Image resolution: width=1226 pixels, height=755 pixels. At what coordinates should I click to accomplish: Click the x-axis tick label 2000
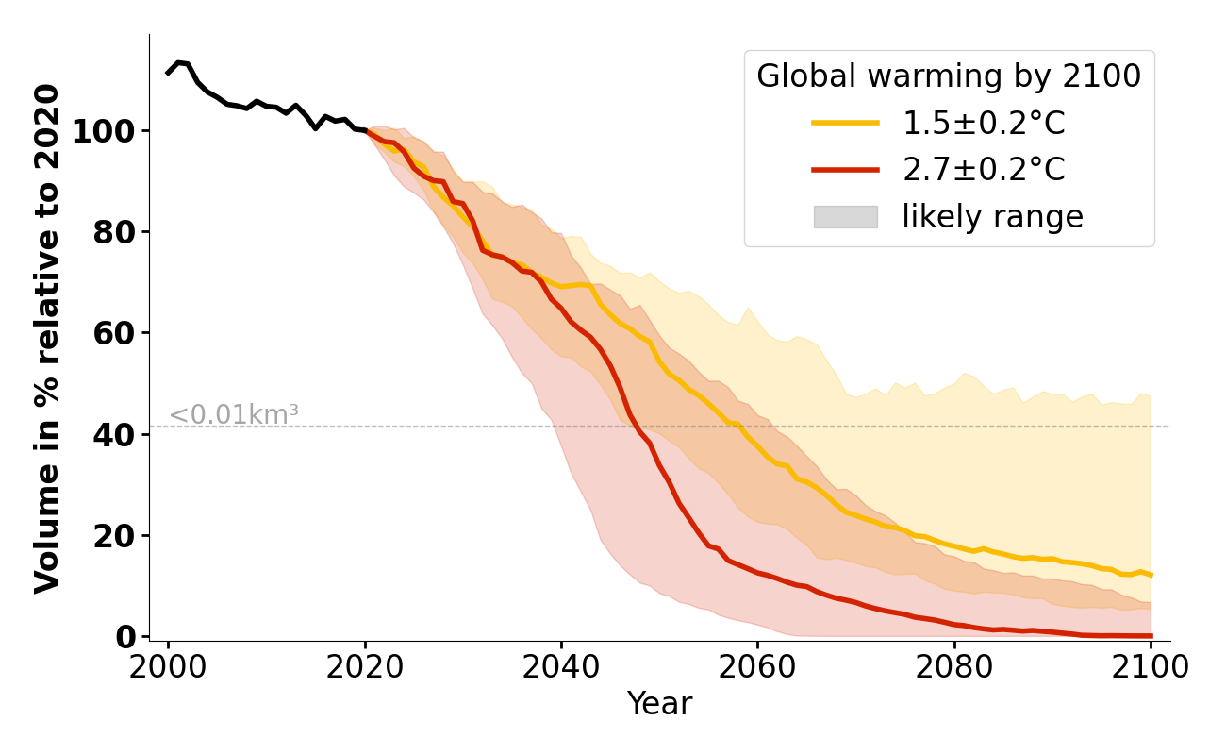point(168,667)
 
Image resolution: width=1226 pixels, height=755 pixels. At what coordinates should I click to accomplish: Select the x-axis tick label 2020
point(364,667)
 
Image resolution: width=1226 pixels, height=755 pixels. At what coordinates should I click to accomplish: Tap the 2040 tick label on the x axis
point(561,667)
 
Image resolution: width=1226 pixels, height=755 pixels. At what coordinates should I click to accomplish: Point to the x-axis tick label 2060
point(757,667)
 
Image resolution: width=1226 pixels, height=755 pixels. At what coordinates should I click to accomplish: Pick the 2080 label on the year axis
point(953,667)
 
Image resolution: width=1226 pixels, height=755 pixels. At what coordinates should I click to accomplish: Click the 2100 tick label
point(1150,667)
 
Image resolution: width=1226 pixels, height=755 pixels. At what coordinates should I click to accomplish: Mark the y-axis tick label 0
point(126,637)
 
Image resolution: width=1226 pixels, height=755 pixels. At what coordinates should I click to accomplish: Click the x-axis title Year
point(659,704)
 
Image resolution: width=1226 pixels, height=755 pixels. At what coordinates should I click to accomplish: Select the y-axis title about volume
point(48,338)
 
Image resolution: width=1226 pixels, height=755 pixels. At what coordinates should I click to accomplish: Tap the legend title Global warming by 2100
point(949,76)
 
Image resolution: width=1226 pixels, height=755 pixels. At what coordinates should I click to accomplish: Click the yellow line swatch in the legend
point(845,123)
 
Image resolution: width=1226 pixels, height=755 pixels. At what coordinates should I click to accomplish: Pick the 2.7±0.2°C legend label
point(984,170)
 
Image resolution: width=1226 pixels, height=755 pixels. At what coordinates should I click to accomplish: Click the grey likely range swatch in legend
point(845,217)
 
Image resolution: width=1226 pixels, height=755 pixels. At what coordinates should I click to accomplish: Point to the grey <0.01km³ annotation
point(234,414)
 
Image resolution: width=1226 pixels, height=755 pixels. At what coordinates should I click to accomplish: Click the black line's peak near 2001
point(178,62)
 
